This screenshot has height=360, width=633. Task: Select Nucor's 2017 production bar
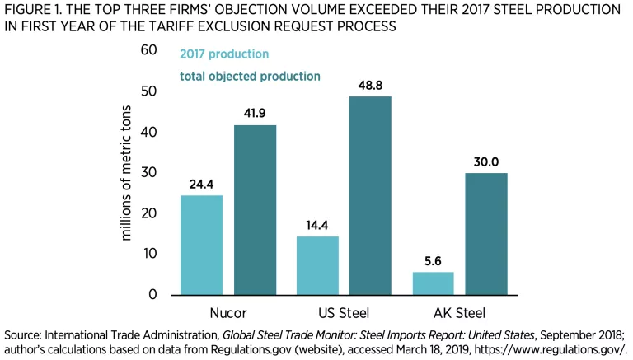(x=201, y=245)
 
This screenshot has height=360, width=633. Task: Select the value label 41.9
(x=256, y=113)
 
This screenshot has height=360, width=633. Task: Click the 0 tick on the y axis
(x=152, y=294)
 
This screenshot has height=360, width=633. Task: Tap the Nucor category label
(x=228, y=313)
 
